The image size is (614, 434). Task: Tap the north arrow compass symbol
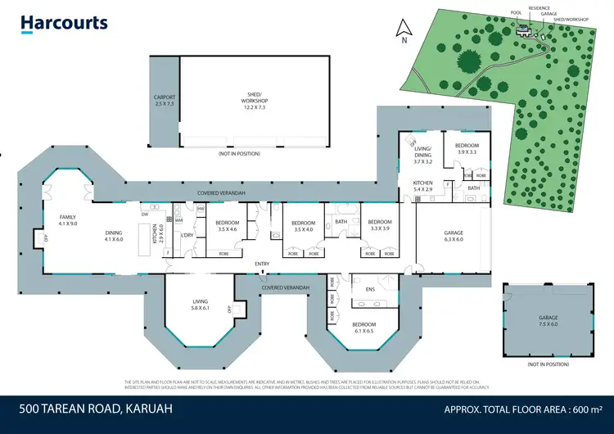pos(402,31)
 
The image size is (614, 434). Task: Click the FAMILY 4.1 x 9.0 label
pos(67,220)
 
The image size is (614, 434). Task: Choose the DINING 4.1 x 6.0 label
pos(113,236)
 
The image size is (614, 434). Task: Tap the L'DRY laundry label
pos(187,236)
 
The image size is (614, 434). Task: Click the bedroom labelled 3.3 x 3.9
pos(379,225)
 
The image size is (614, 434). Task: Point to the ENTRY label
pos(262,264)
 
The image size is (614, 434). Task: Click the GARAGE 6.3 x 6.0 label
pos(453,236)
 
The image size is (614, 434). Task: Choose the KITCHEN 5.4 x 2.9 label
pos(423,185)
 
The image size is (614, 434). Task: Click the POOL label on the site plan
pos(515,13)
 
